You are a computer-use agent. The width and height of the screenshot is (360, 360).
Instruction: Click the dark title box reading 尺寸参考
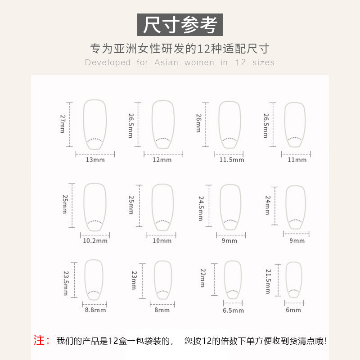(x=180, y=25)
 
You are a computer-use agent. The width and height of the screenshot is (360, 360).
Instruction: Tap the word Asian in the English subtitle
(x=166, y=63)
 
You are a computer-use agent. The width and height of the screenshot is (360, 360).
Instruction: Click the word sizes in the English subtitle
(x=263, y=63)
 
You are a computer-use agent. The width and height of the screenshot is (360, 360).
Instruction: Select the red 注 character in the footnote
(x=39, y=340)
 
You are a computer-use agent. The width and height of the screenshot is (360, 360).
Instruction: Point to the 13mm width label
(x=95, y=160)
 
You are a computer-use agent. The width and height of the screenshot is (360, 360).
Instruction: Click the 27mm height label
(x=63, y=124)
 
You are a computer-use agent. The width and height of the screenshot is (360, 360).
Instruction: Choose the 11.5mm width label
(x=232, y=160)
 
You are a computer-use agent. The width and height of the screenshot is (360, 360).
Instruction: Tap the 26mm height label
(x=198, y=123)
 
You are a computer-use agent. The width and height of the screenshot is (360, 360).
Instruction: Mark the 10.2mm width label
(x=95, y=241)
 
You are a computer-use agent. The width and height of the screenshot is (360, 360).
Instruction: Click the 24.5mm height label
(x=201, y=208)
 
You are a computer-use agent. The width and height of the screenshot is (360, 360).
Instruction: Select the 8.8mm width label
(x=95, y=310)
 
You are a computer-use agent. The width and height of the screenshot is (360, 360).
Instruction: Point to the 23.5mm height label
(x=66, y=283)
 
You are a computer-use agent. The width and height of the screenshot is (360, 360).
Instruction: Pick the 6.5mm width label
(x=233, y=310)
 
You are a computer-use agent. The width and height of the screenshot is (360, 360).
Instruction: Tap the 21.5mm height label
(x=268, y=282)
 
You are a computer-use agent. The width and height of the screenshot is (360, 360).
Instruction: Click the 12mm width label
(x=162, y=160)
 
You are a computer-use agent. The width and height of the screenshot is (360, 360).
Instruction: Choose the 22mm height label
(x=203, y=278)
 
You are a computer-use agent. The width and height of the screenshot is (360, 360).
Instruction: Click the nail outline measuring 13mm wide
(x=83, y=124)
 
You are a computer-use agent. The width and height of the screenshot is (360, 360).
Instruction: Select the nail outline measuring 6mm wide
(x=286, y=280)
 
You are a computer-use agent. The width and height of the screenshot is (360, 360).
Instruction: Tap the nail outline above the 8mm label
(x=154, y=280)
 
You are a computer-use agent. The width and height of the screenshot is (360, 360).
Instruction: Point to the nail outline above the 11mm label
(x=285, y=124)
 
